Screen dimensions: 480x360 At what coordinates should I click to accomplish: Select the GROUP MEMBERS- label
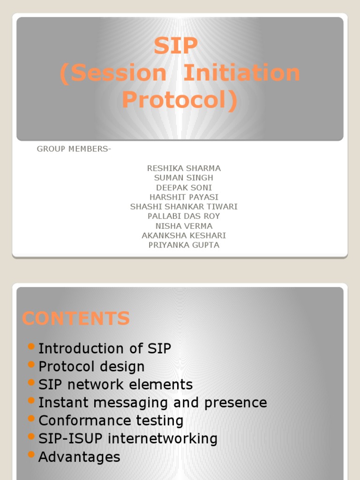(74, 149)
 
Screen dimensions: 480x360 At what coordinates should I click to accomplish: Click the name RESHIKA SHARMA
(184, 168)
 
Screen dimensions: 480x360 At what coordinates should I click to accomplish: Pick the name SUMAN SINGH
(184, 178)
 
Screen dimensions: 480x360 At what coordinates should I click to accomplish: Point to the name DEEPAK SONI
(184, 187)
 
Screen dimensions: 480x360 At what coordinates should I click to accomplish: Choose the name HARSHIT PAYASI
(184, 197)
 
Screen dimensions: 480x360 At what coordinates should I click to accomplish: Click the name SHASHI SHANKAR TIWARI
(184, 207)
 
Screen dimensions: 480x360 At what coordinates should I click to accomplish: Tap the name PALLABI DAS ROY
(184, 216)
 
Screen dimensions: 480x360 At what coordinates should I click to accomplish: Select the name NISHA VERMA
(184, 226)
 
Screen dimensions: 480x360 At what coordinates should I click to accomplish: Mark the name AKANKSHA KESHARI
(184, 235)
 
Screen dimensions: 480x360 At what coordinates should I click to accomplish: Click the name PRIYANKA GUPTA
(184, 245)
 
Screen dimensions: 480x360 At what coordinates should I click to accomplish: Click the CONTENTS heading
(76, 319)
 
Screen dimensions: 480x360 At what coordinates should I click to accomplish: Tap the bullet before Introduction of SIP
(31, 346)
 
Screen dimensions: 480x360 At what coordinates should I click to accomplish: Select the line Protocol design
(91, 367)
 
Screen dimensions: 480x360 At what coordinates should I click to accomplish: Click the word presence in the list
(240, 403)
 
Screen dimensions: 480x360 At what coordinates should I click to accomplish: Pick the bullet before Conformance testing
(31, 418)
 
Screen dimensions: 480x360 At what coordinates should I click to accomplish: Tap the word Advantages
(79, 457)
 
